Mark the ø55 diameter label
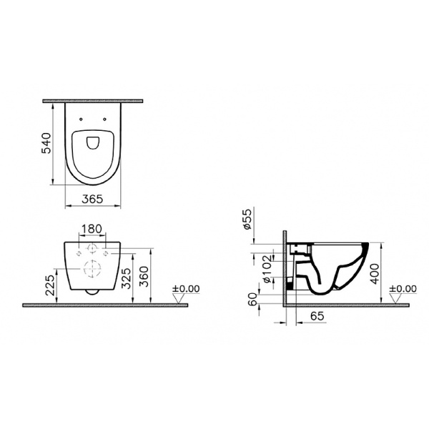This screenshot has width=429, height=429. (x=247, y=221)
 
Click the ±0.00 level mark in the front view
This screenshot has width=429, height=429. (x=187, y=289)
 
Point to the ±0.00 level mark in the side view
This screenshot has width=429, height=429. (x=403, y=289)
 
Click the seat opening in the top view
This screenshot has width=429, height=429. (x=93, y=142)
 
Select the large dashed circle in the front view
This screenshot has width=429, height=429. (x=93, y=269)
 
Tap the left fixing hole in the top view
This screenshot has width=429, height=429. (x=81, y=119)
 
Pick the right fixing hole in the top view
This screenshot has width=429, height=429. (x=105, y=119)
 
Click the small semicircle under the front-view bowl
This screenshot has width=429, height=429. (x=93, y=292)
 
